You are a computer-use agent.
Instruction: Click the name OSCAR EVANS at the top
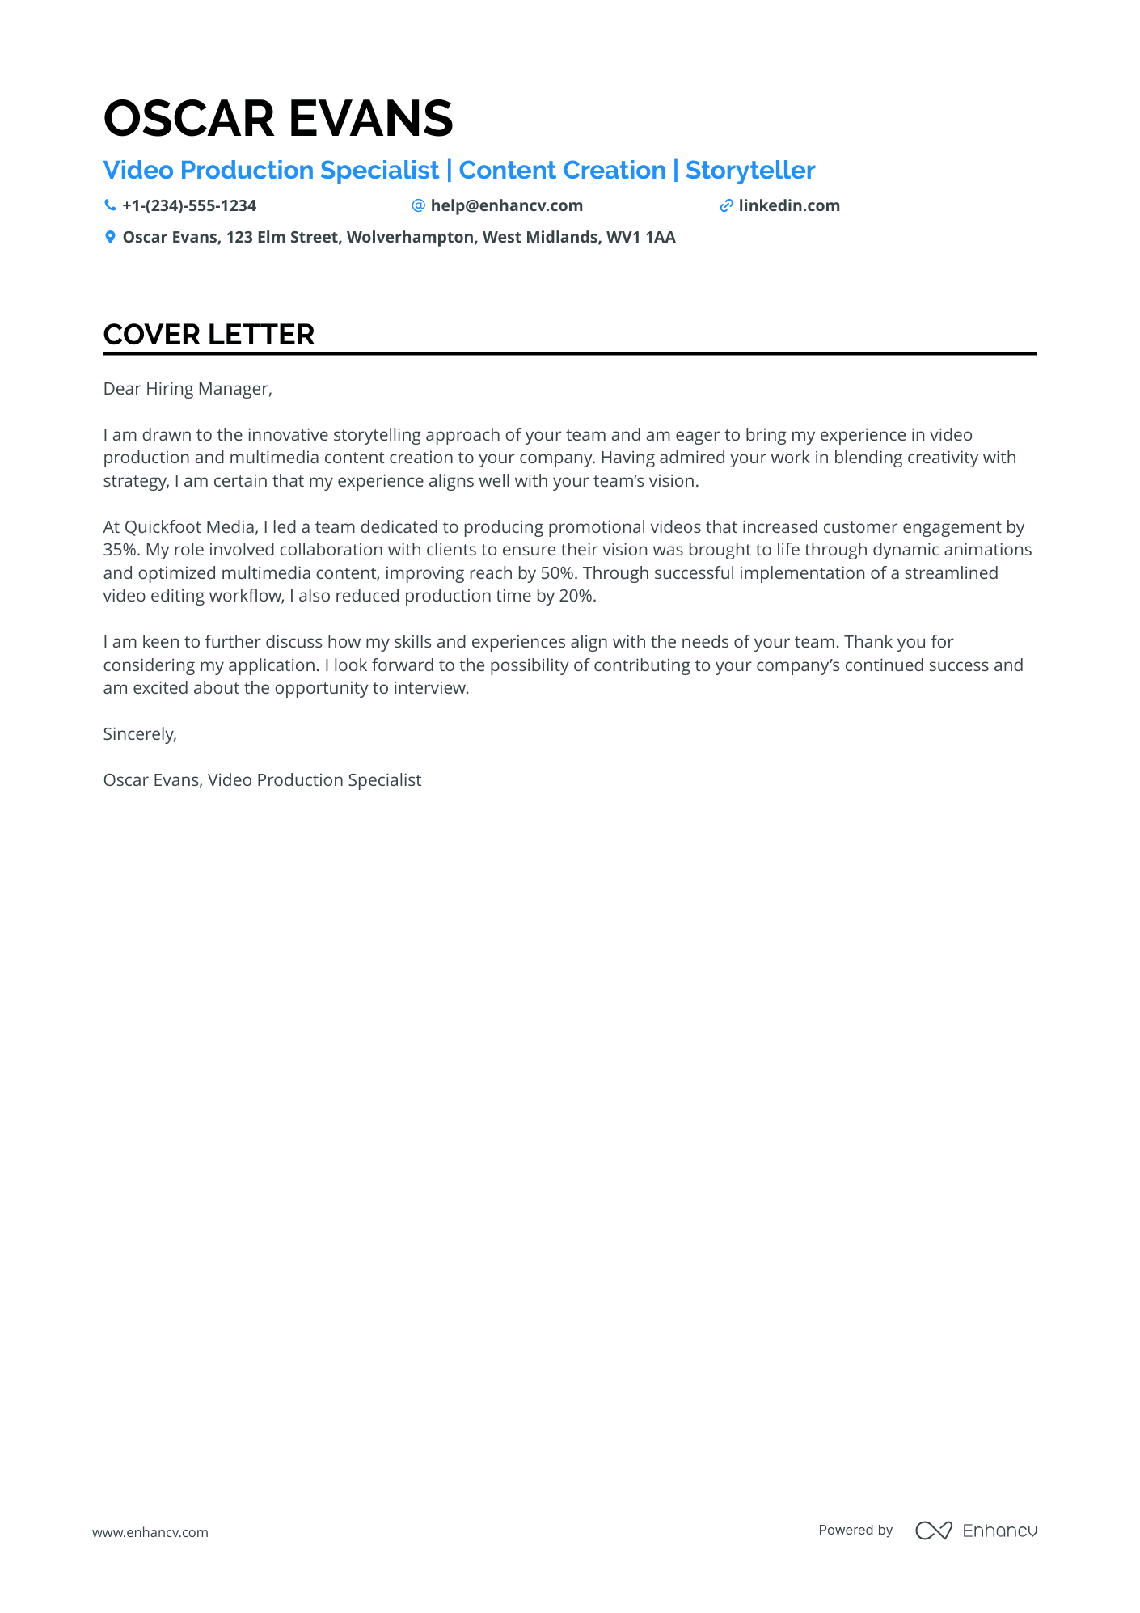tap(278, 118)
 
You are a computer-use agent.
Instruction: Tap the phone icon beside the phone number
tap(110, 205)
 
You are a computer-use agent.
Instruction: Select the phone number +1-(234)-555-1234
tap(189, 205)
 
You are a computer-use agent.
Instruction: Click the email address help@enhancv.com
tap(506, 205)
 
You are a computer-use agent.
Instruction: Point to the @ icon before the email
tap(418, 205)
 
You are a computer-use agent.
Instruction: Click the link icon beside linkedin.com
tap(726, 205)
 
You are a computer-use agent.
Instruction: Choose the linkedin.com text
tap(789, 205)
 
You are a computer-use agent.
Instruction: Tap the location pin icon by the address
tap(110, 237)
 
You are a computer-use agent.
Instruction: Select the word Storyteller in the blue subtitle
tap(750, 171)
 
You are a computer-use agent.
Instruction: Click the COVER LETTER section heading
tap(209, 335)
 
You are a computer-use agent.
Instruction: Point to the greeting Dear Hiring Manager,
tap(188, 389)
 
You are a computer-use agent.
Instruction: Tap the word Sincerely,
tap(140, 734)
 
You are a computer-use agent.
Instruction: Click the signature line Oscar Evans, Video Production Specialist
tap(262, 780)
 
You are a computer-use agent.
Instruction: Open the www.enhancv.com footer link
tap(150, 1532)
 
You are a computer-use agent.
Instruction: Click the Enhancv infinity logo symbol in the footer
tap(933, 1531)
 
